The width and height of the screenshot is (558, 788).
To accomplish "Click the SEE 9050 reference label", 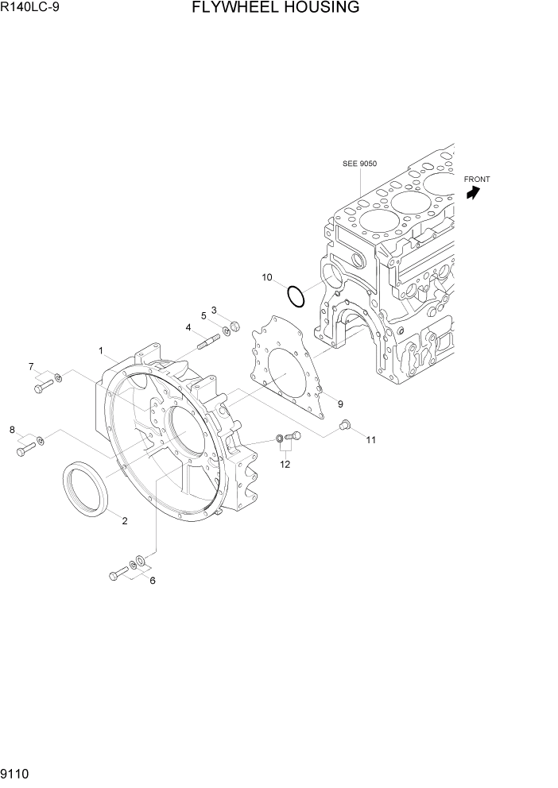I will click(359, 164).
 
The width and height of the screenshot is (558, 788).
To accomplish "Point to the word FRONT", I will click(477, 180).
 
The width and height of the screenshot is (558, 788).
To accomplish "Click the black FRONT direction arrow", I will click(474, 193).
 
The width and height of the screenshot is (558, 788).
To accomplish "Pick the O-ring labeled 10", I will click(296, 296).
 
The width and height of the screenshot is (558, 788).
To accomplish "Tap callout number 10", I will click(267, 277).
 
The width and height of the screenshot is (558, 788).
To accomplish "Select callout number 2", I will click(124, 521).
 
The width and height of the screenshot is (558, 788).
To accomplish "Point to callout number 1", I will click(101, 350).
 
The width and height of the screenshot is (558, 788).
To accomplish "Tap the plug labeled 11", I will click(346, 425).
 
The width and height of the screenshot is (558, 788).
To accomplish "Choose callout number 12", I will click(285, 464).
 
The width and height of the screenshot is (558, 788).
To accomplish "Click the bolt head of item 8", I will click(21, 452).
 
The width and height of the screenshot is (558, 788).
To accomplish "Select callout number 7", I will click(31, 366).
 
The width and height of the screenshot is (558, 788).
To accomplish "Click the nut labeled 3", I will click(234, 326).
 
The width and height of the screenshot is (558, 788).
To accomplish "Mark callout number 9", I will click(339, 404).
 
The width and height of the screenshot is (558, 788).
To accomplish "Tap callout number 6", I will click(153, 580).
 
